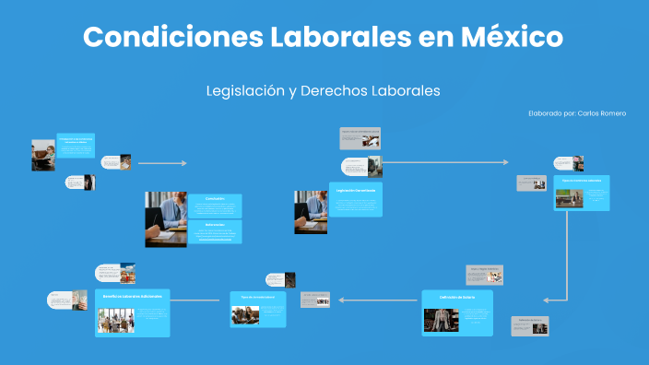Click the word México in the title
[x=516, y=38]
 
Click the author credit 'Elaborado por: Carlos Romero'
[x=577, y=113]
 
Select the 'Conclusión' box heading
[x=215, y=198]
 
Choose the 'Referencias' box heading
[x=215, y=224]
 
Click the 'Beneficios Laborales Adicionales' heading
[x=133, y=297]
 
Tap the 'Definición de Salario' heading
[x=457, y=297]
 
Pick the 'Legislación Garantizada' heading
[x=354, y=189]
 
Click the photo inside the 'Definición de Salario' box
[x=441, y=319]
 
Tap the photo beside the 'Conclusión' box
[x=166, y=219]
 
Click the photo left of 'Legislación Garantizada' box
[x=311, y=212]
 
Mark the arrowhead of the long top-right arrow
[x=505, y=162]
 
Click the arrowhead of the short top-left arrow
[x=183, y=163]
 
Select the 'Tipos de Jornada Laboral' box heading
[x=581, y=181]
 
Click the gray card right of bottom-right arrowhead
[x=529, y=324]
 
